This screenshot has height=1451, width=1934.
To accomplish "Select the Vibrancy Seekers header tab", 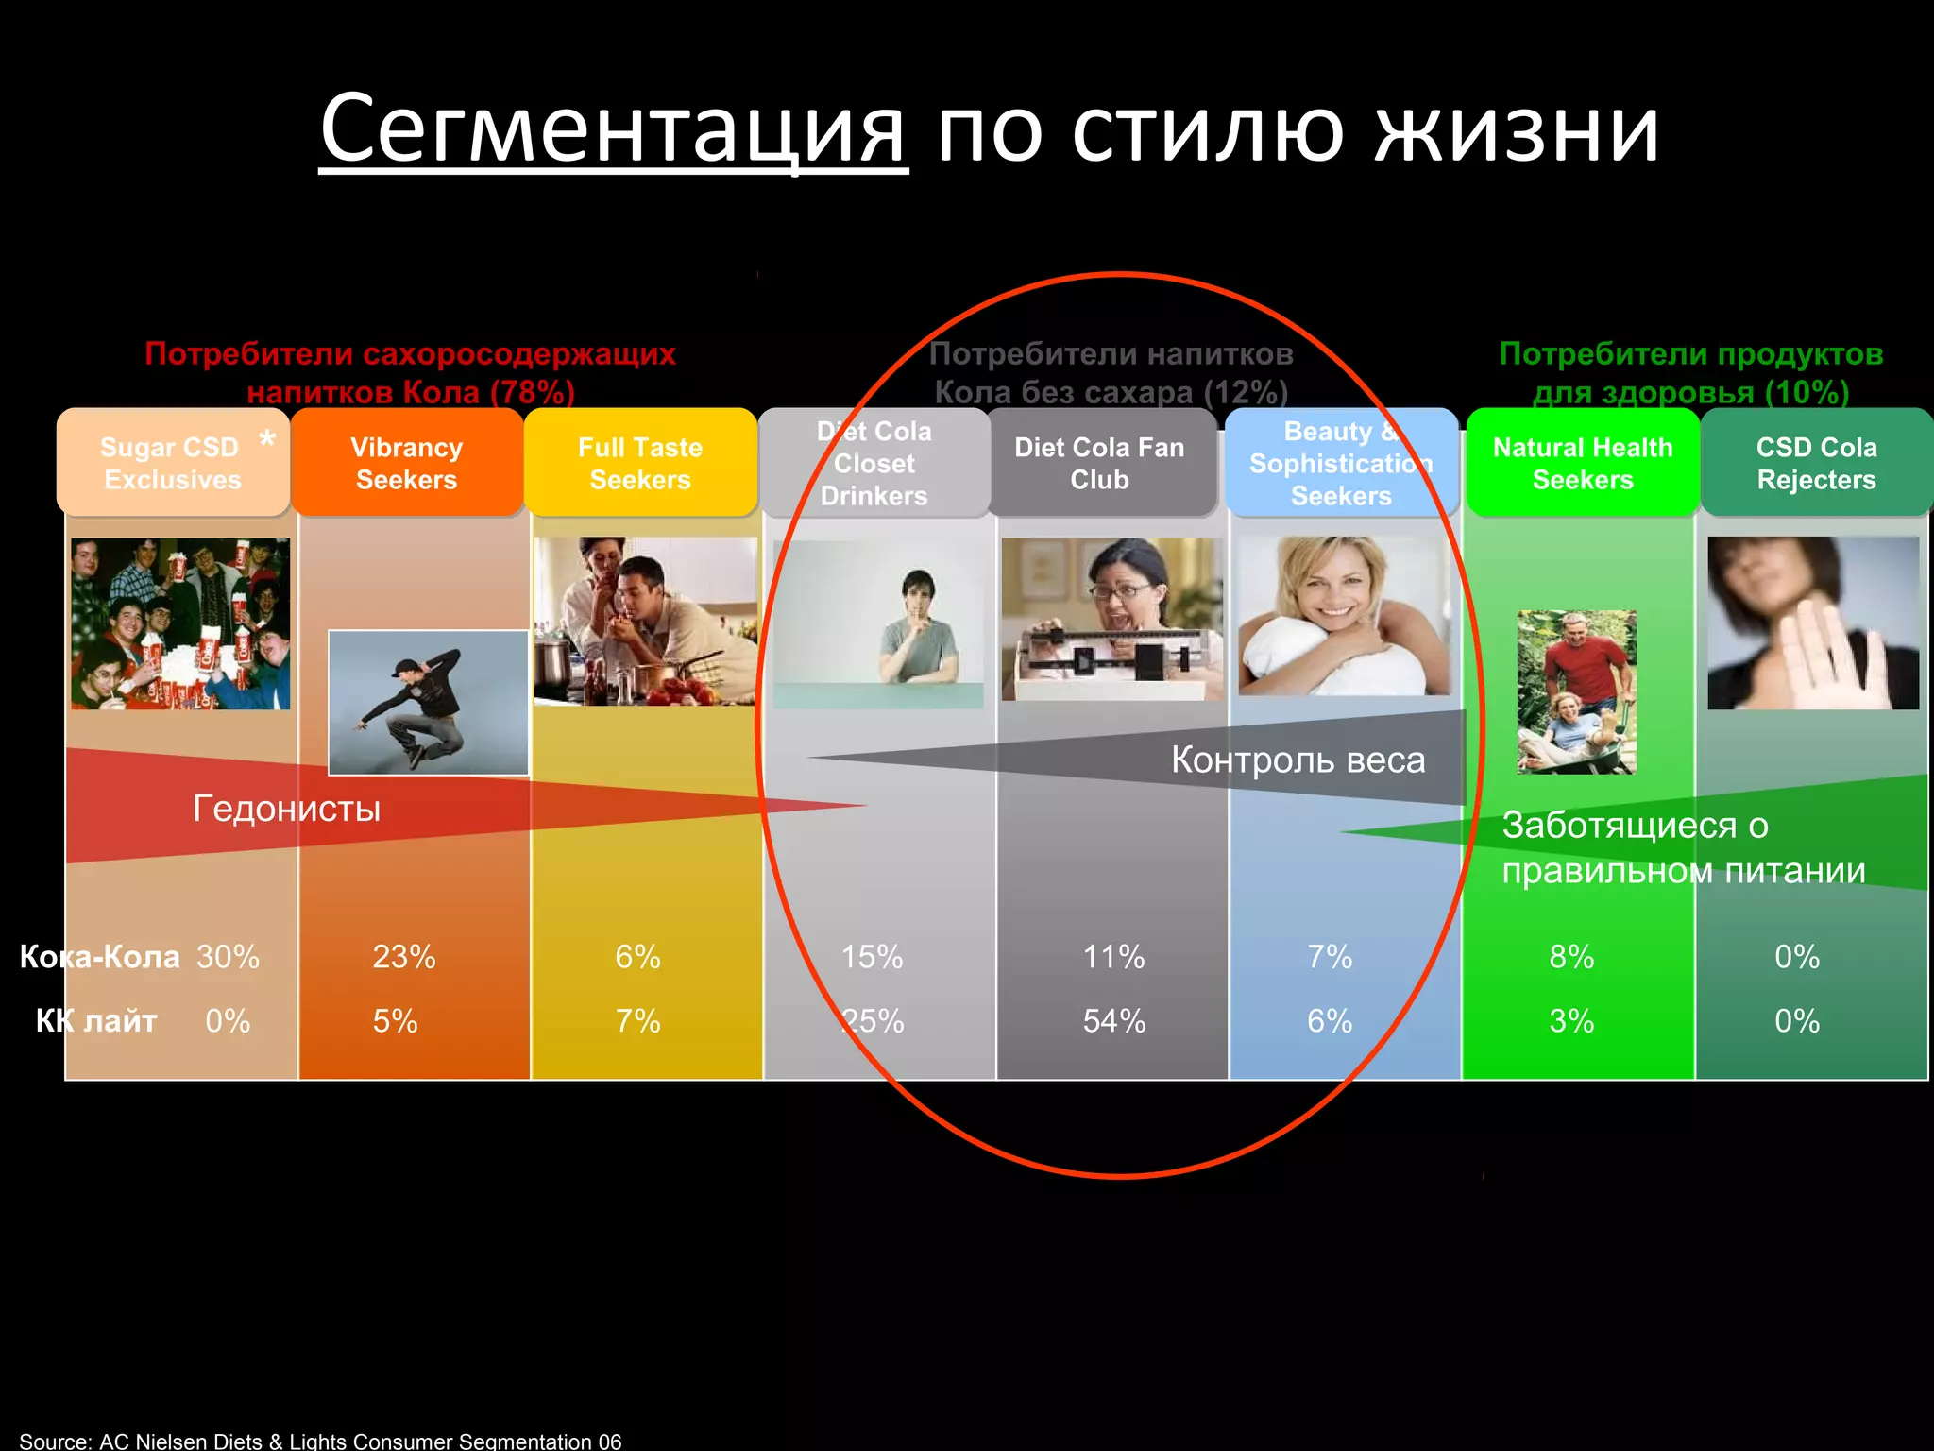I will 406,463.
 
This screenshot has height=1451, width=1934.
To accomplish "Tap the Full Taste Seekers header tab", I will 640,463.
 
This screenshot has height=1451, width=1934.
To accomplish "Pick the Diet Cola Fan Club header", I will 1099,463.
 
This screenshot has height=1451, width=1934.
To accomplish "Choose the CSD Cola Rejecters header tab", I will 1816,463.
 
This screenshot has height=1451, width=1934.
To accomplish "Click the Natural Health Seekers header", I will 1583,463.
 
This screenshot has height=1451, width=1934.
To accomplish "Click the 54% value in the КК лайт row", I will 1114,1021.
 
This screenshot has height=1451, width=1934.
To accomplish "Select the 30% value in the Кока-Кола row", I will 228,957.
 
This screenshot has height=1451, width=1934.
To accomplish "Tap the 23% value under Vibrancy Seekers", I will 404,957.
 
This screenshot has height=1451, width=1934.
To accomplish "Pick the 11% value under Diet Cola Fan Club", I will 1114,957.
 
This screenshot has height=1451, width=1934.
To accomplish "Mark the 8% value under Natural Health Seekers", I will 1571,957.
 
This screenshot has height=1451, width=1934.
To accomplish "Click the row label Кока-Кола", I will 99,957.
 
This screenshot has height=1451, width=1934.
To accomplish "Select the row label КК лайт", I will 96,1021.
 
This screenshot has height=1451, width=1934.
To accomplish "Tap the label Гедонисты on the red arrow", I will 287,809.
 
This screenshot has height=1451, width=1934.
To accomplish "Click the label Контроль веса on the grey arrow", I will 1298,760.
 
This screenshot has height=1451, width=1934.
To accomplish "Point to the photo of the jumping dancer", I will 428,703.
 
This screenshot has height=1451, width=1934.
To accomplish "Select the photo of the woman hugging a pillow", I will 1343,616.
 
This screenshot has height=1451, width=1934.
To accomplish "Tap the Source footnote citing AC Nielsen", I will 321,1441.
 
